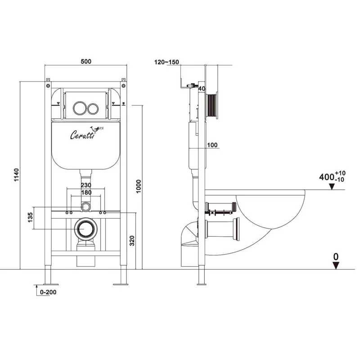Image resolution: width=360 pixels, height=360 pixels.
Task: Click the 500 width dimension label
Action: point(85,62)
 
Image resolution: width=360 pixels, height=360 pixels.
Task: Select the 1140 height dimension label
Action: point(16,174)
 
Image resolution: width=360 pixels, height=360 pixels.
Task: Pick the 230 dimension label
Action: point(86,185)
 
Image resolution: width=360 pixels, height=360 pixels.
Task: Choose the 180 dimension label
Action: point(86,193)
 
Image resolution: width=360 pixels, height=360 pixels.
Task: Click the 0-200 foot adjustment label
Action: point(47,292)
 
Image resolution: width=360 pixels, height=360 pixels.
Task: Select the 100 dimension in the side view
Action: point(212,144)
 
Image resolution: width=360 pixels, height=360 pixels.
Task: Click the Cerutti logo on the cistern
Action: point(82,134)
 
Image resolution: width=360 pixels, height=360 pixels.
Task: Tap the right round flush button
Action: point(94,108)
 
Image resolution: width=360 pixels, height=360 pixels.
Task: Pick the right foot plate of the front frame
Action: point(121,283)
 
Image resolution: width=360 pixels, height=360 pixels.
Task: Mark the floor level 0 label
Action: point(336,256)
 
